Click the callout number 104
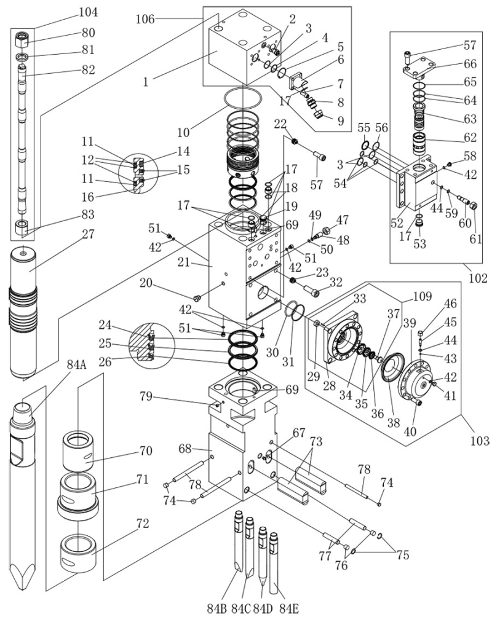[88, 12]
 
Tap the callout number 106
[145, 19]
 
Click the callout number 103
[478, 441]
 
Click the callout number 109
[414, 296]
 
